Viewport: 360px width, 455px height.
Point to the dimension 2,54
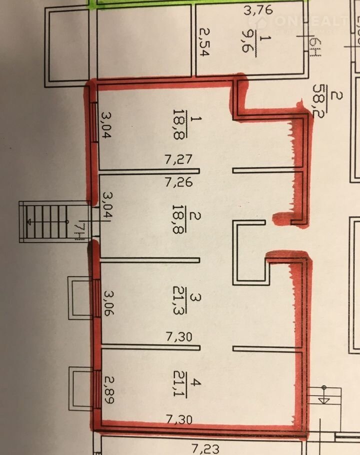coord(204,44)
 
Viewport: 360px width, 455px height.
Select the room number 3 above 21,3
coord(197,298)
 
